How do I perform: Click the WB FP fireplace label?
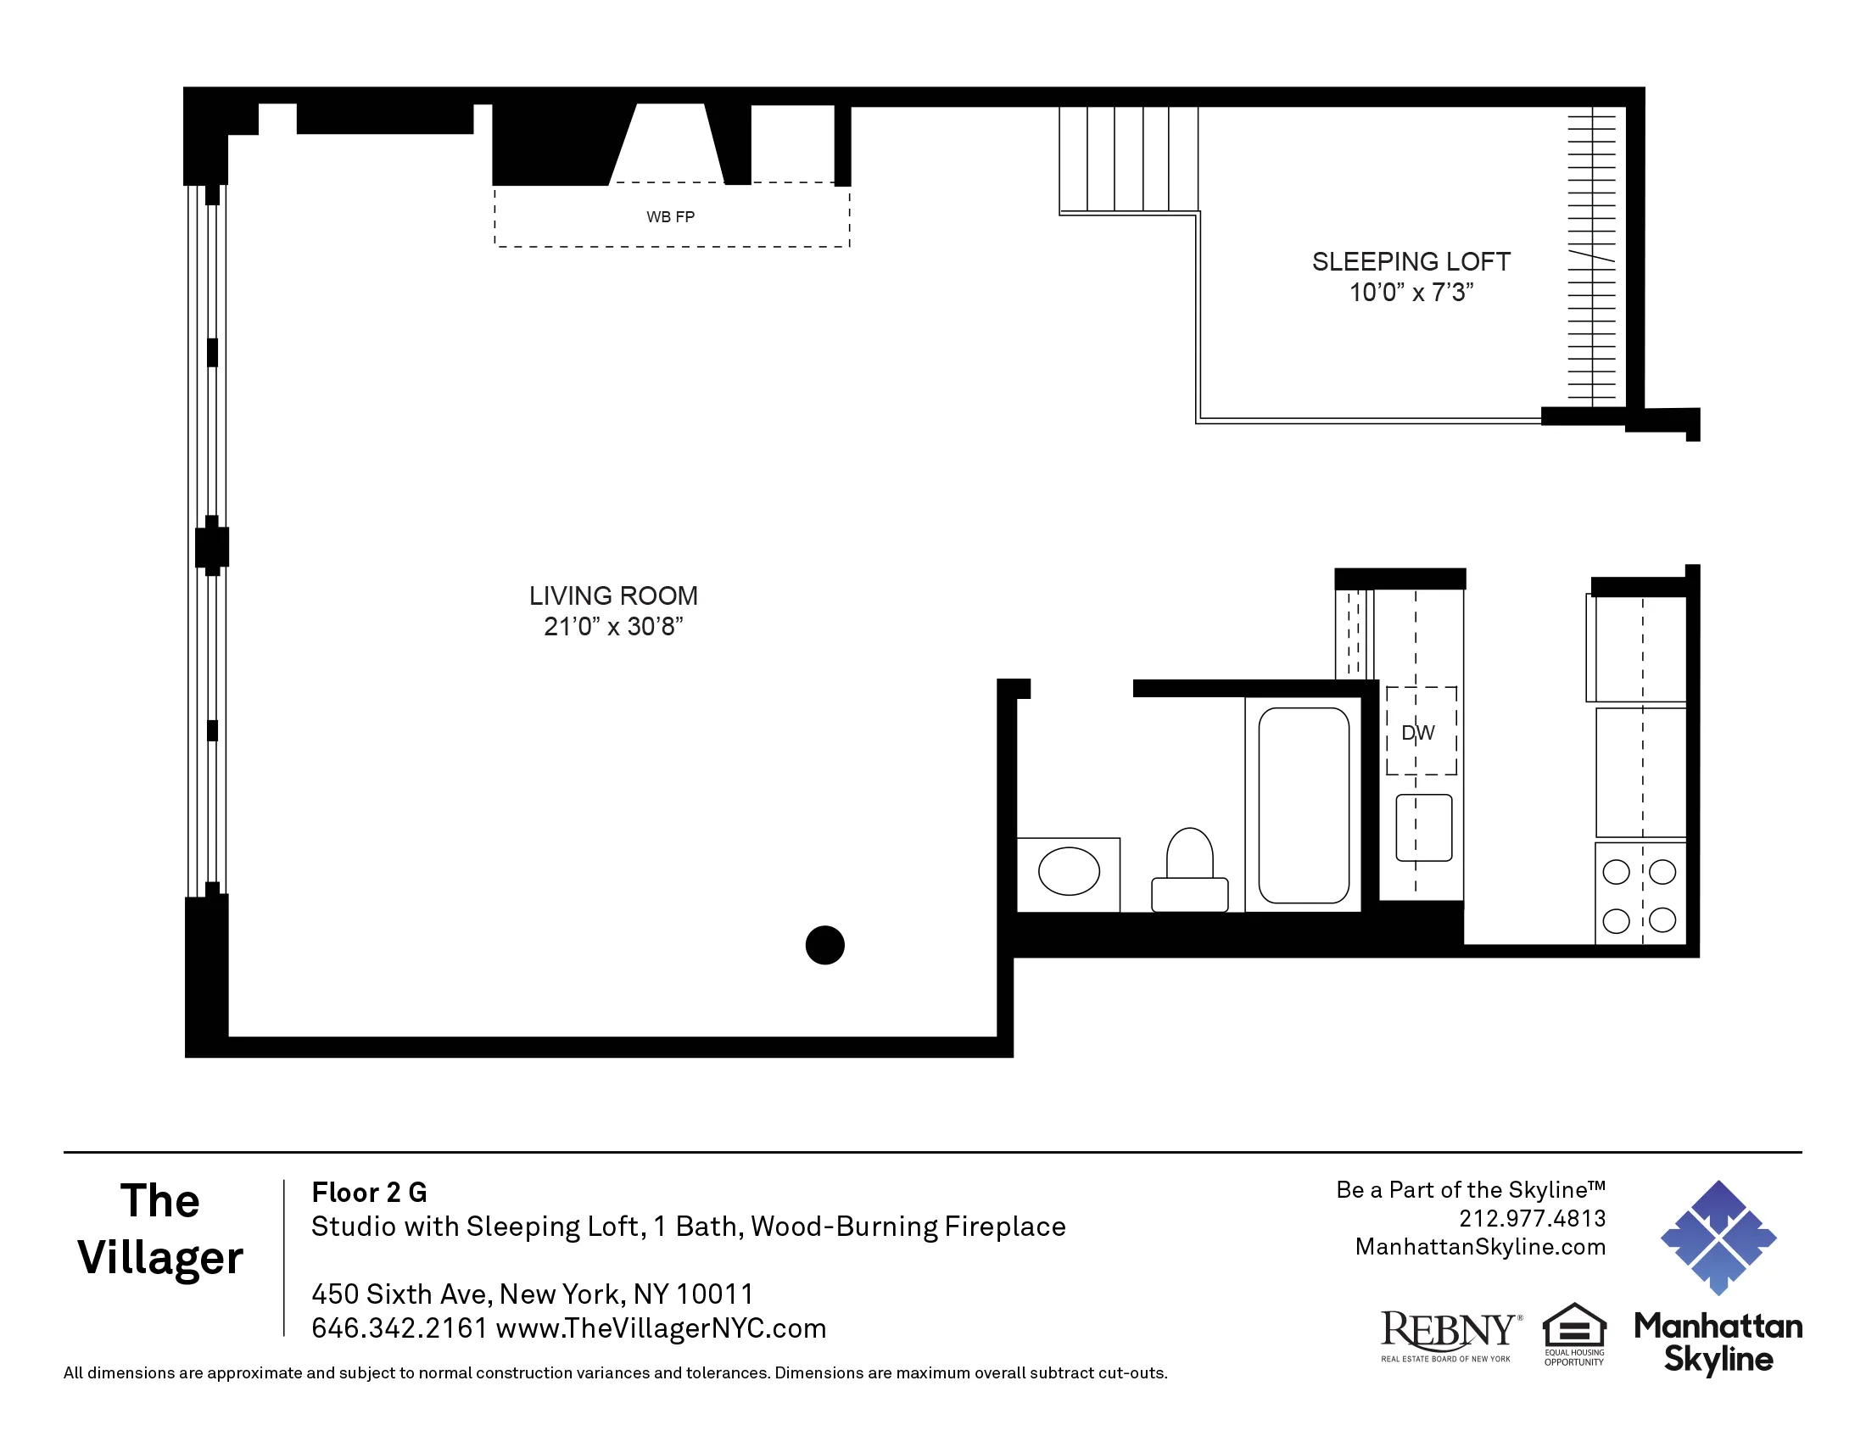[670, 217]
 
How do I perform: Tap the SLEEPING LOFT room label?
[1411, 261]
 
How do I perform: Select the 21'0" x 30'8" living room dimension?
[613, 627]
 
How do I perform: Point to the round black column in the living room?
[824, 945]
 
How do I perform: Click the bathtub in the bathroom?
[1303, 805]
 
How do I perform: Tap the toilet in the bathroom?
[1189, 871]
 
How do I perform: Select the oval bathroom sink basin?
[1068, 871]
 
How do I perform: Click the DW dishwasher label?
[1417, 733]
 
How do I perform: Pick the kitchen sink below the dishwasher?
[1423, 827]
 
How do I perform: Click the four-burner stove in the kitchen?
[1640, 895]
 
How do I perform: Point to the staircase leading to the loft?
[1128, 159]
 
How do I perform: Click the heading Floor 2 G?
[369, 1193]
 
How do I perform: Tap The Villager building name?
[160, 1229]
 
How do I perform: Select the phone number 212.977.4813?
[1532, 1218]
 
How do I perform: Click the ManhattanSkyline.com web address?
[1480, 1246]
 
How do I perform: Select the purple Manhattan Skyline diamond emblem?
[1718, 1238]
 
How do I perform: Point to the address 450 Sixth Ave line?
[533, 1294]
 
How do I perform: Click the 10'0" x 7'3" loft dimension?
[1411, 293]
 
